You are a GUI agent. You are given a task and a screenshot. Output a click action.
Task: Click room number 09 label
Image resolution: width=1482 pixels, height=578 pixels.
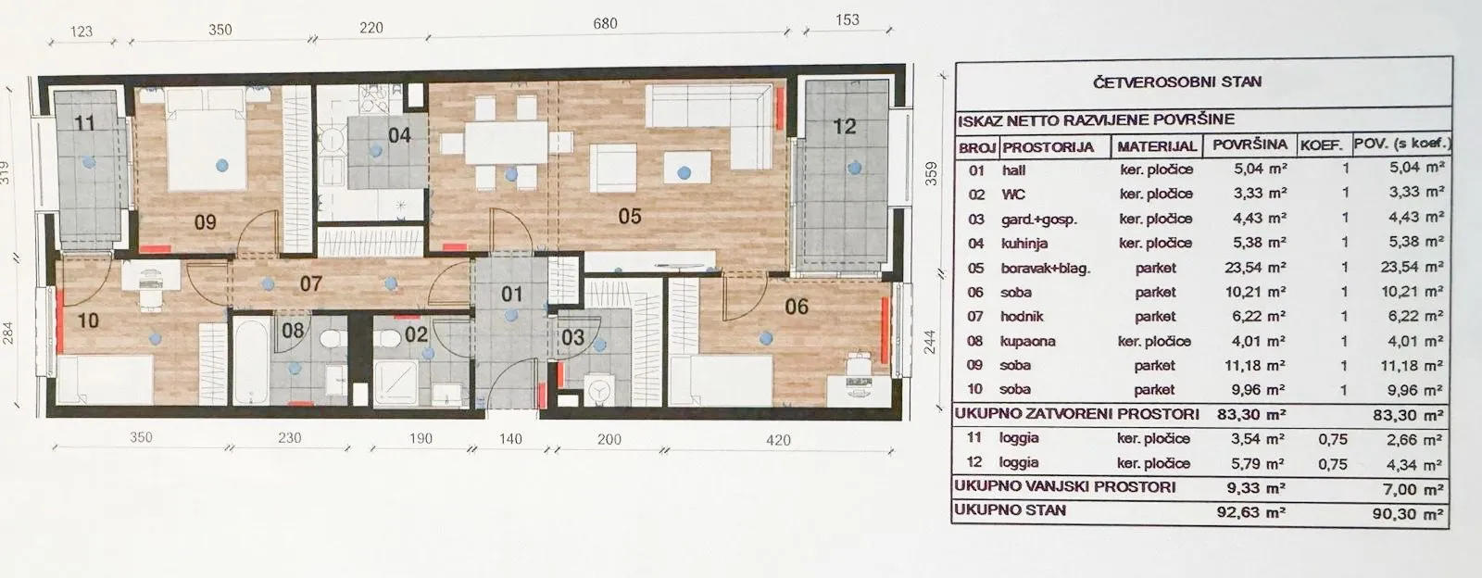tap(205, 221)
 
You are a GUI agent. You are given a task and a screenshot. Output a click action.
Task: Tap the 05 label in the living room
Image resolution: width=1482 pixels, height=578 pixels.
tap(629, 216)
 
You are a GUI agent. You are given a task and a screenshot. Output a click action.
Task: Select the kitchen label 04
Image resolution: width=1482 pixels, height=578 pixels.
tap(399, 135)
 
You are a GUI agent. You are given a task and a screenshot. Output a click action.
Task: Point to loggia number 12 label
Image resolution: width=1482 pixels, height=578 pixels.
tap(844, 126)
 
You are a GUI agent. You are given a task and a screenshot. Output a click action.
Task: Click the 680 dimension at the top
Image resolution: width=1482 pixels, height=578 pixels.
tap(605, 24)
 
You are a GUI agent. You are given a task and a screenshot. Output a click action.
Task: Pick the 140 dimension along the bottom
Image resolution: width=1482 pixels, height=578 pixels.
tap(510, 438)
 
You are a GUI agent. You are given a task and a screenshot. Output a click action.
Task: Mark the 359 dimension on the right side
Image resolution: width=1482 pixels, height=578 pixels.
tap(931, 173)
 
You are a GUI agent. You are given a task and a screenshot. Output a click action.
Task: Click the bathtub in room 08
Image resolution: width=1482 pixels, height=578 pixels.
tap(251, 360)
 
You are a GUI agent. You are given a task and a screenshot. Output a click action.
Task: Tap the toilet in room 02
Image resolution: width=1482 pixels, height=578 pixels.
tap(388, 339)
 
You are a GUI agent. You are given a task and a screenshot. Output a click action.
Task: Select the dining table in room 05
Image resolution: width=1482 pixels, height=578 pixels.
tap(506, 143)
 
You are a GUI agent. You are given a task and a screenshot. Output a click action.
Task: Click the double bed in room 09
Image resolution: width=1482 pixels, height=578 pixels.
tap(207, 139)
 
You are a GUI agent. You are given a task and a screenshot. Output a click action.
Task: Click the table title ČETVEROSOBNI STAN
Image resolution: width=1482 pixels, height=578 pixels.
tap(1177, 82)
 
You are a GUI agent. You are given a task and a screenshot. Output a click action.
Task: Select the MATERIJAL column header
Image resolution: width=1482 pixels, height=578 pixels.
tap(1157, 146)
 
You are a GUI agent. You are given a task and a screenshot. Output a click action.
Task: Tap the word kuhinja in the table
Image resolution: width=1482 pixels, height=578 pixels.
tap(1024, 244)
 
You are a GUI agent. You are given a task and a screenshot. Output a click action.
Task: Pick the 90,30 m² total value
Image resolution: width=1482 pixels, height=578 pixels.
tap(1407, 514)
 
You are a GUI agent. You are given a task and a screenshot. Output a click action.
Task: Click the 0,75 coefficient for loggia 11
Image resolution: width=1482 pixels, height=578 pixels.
tap(1332, 439)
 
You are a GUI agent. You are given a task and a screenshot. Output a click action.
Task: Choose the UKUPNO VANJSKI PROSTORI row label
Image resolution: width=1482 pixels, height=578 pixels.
tap(1064, 486)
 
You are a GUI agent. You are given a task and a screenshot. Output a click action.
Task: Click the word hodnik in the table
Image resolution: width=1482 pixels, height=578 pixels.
tap(1022, 317)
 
